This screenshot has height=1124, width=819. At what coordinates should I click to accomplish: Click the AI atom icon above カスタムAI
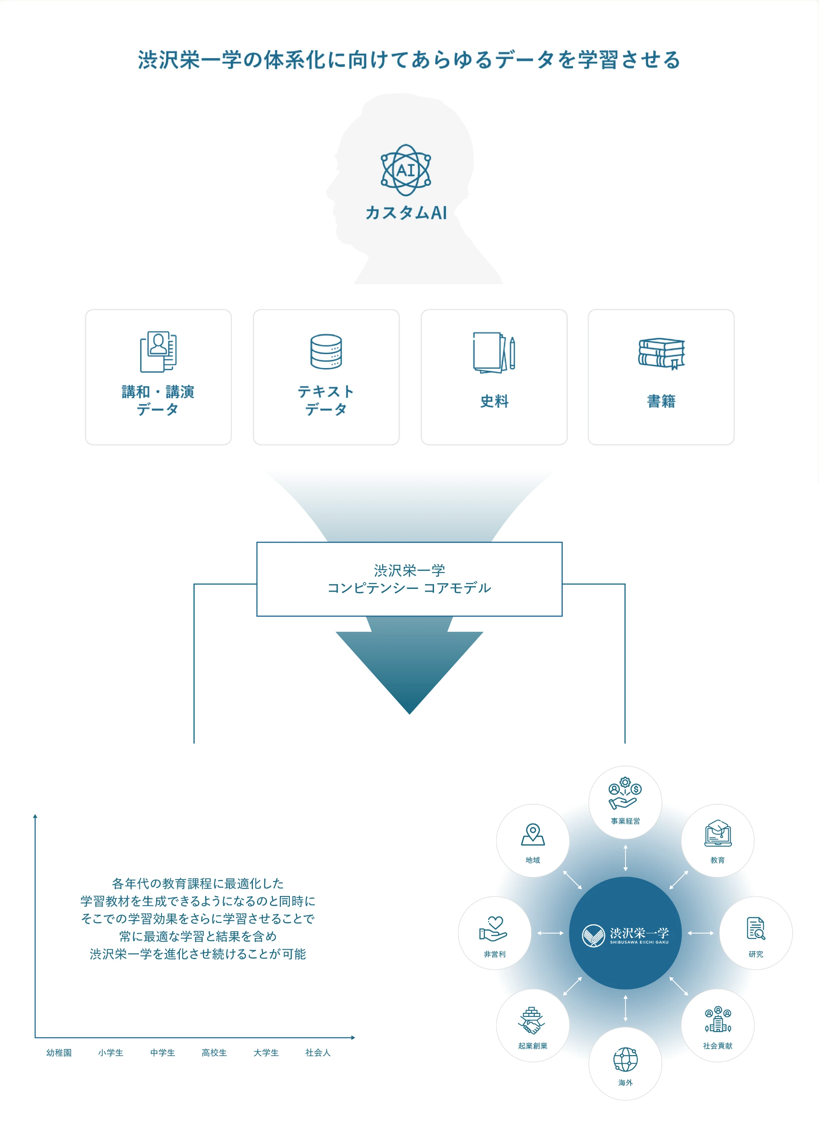click(x=405, y=170)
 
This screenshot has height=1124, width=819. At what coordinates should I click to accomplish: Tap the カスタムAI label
click(x=406, y=213)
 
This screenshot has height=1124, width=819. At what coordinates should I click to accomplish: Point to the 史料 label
click(x=494, y=401)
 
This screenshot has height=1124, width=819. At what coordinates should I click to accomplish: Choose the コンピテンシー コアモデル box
click(x=409, y=579)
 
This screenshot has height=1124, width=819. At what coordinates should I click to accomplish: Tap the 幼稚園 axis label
click(x=59, y=1052)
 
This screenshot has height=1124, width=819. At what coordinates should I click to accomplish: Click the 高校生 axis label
click(x=214, y=1052)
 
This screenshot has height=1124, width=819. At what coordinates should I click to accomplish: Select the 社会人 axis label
click(x=318, y=1052)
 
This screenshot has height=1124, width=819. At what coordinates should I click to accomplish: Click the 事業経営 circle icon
click(x=625, y=794)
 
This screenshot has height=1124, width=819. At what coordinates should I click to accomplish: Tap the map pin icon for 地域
click(x=533, y=835)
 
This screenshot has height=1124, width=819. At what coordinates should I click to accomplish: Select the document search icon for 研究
click(x=756, y=928)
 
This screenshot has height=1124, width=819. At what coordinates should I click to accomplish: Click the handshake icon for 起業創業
click(x=532, y=1021)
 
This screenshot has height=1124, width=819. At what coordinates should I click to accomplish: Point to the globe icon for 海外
click(x=625, y=1060)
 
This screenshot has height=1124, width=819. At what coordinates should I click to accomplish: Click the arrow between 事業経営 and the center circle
click(x=625, y=858)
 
